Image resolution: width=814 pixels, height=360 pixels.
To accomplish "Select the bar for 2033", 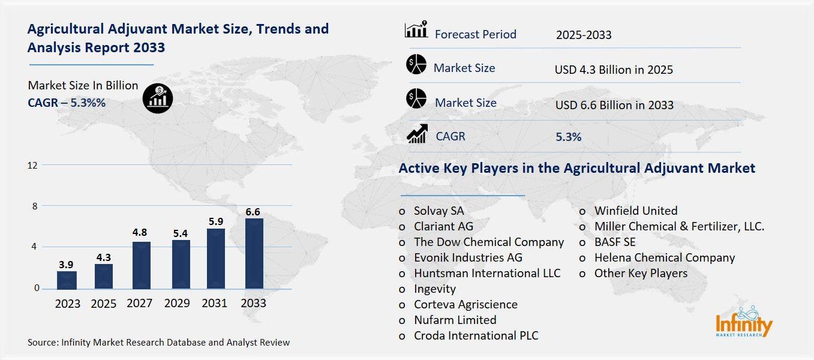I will [253, 253].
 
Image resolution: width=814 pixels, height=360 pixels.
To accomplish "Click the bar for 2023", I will [67, 280].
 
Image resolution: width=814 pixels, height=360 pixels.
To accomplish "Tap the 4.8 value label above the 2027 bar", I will [140, 232].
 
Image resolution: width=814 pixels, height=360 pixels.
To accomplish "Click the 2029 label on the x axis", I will [178, 304].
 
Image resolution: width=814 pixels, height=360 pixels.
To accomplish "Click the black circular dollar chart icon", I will [158, 97].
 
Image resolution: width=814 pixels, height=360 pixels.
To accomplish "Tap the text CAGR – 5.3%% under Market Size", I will [67, 103].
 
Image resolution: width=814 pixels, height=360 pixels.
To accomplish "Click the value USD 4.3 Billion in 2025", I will [614, 70].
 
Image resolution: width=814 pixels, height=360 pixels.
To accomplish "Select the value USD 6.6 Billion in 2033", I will [614, 105].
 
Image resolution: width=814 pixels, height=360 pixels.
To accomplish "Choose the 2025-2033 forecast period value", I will [584, 35].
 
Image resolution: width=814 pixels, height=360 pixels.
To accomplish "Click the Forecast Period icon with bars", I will [416, 30].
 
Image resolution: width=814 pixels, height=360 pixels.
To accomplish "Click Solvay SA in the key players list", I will [438, 211].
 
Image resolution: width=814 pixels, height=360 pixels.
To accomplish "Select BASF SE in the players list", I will [615, 242].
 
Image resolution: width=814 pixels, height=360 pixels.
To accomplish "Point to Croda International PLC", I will [476, 335].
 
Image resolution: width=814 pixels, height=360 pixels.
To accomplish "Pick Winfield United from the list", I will [636, 211].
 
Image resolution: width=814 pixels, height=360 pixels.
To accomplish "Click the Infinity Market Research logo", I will [744, 322].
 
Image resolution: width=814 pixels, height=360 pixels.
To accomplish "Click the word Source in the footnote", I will [42, 343].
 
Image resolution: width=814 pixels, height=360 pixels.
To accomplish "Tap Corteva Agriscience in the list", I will [465, 304].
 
